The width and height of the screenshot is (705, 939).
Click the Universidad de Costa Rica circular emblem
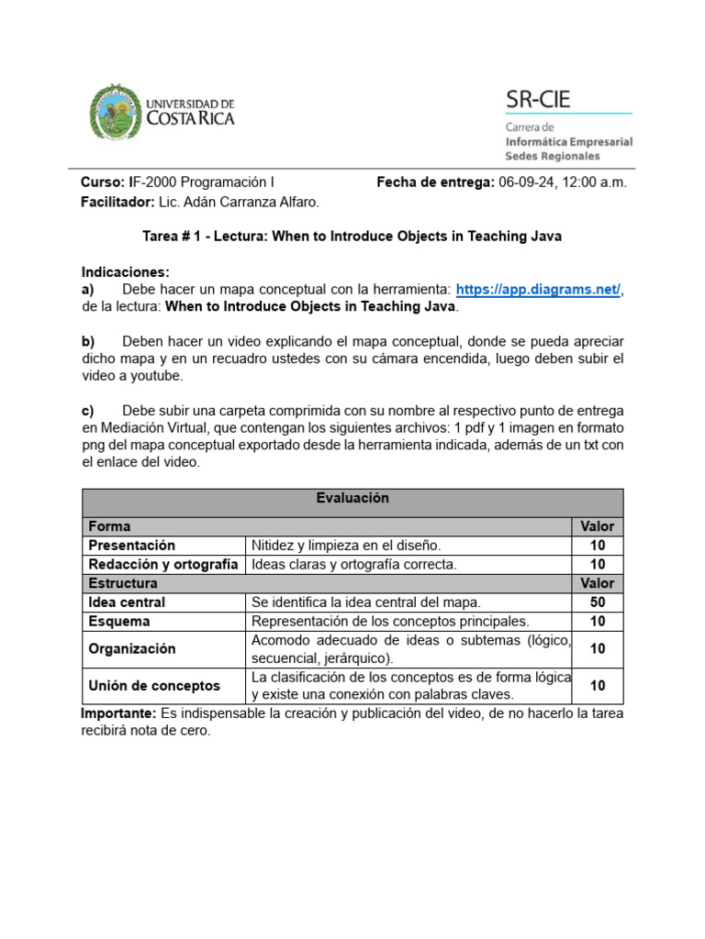click(116, 112)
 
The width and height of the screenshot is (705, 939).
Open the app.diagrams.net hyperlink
click(538, 290)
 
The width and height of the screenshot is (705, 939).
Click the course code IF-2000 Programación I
click(200, 182)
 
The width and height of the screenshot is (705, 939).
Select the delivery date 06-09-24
click(524, 182)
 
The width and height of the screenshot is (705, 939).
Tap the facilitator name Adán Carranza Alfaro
click(256, 202)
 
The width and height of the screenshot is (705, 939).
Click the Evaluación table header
click(352, 498)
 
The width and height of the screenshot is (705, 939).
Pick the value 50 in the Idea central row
click(598, 602)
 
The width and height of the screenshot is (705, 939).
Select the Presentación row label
click(131, 545)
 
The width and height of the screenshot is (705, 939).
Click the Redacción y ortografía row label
click(162, 564)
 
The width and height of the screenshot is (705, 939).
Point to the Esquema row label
click(119, 621)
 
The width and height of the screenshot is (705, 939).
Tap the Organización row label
click(131, 648)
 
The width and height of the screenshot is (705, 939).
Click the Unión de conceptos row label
click(154, 685)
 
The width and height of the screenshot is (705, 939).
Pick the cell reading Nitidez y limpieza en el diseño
click(346, 545)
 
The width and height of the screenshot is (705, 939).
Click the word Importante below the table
click(118, 713)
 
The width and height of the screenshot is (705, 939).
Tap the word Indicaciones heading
click(126, 272)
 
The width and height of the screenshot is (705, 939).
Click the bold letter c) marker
click(88, 410)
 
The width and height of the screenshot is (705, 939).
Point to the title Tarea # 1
click(173, 236)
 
